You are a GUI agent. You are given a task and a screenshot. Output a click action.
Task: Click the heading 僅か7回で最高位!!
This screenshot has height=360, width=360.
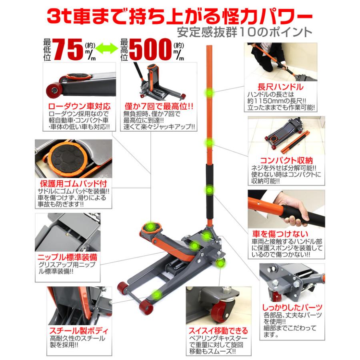pyautogui.click(x=158, y=107)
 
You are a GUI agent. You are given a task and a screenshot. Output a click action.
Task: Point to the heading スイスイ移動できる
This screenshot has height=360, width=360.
pyautogui.click(x=218, y=331)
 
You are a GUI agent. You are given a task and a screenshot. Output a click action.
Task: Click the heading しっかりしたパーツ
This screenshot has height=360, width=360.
pyautogui.click(x=286, y=307)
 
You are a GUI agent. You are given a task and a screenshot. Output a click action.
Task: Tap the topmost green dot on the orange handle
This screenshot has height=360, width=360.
pyautogui.click(x=209, y=93)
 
